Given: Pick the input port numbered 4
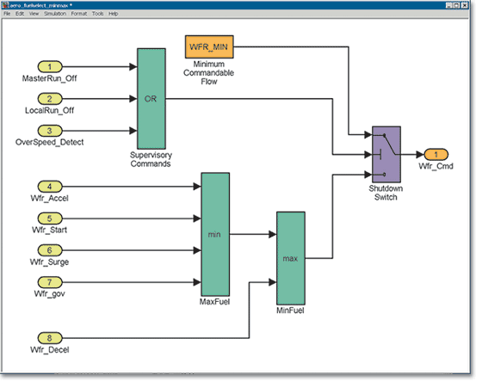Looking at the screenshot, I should click(49, 186).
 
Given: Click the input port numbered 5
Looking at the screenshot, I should click(49, 218).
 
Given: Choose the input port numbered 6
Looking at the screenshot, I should click(49, 250).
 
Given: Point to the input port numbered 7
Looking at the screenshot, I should click(49, 282).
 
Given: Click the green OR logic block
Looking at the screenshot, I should click(151, 98).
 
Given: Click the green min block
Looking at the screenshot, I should click(214, 233).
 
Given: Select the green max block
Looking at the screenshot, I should click(290, 256).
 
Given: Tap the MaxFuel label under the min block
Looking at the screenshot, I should click(214, 302).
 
